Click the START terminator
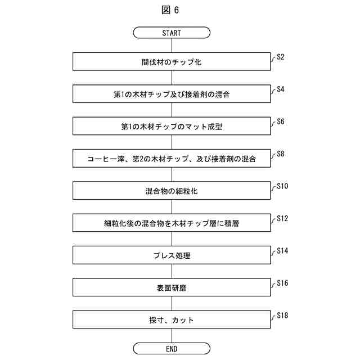(x=172, y=33)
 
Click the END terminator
(x=172, y=349)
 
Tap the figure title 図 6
(x=172, y=10)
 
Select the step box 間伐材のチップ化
(x=172, y=62)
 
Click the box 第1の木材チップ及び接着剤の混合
(x=172, y=94)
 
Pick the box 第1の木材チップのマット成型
(x=172, y=127)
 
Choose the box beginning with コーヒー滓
(x=172, y=159)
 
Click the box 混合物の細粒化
(x=172, y=191)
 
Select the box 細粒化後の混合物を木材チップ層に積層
(x=172, y=223)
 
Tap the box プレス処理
(x=172, y=255)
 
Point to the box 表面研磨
(x=172, y=288)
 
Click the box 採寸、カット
(x=172, y=320)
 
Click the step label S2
(x=281, y=57)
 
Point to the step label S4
(x=281, y=89)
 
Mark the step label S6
(x=281, y=121)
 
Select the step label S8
(x=281, y=154)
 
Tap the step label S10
(x=283, y=186)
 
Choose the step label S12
(x=283, y=218)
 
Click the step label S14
(x=283, y=250)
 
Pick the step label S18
(x=283, y=315)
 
